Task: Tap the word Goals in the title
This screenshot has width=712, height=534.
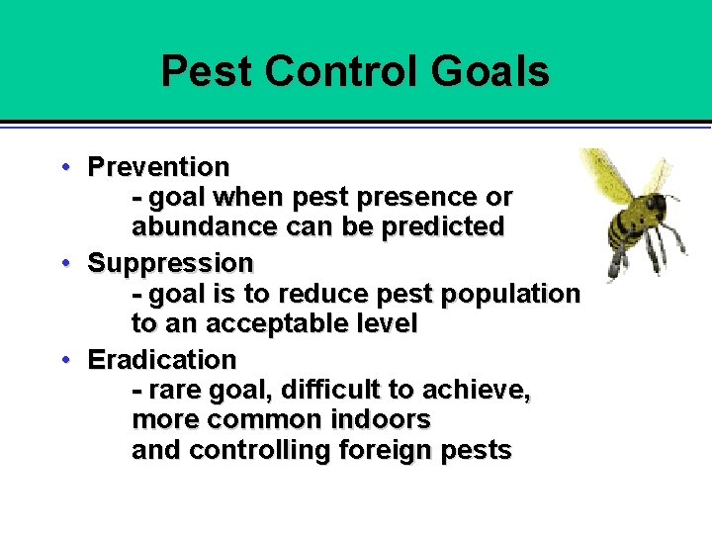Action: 490,72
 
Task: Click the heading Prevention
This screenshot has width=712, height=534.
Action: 158,166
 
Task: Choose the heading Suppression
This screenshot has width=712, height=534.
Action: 170,263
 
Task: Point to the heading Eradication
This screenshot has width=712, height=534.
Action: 162,359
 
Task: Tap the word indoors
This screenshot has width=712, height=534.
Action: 381,420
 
